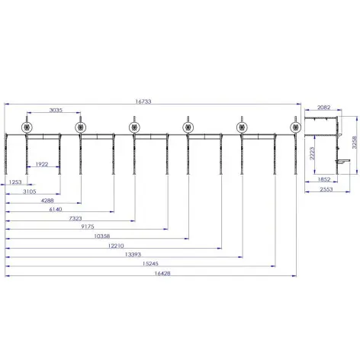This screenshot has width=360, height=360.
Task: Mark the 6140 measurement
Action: pyautogui.click(x=56, y=208)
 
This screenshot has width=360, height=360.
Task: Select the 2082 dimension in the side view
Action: pyautogui.click(x=323, y=109)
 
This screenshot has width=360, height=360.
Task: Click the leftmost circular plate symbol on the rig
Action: pyautogui.click(x=28, y=127)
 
